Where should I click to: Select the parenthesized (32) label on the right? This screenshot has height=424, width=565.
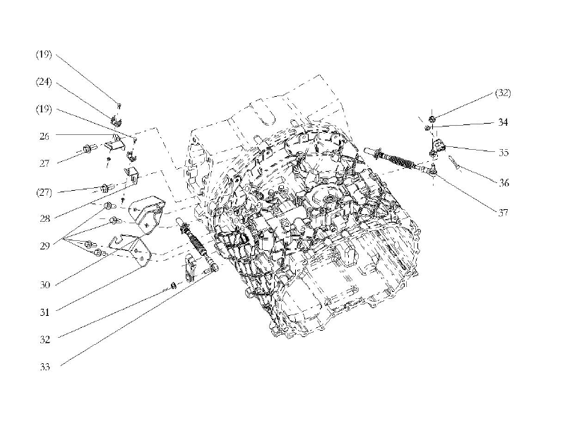pyautogui.click(x=503, y=93)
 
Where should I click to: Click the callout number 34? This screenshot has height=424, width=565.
pyautogui.click(x=503, y=122)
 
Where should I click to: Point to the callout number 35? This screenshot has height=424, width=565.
pyautogui.click(x=503, y=152)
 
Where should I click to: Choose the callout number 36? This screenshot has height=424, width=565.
pyautogui.click(x=503, y=182)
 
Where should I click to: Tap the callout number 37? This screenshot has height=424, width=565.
pyautogui.click(x=503, y=212)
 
